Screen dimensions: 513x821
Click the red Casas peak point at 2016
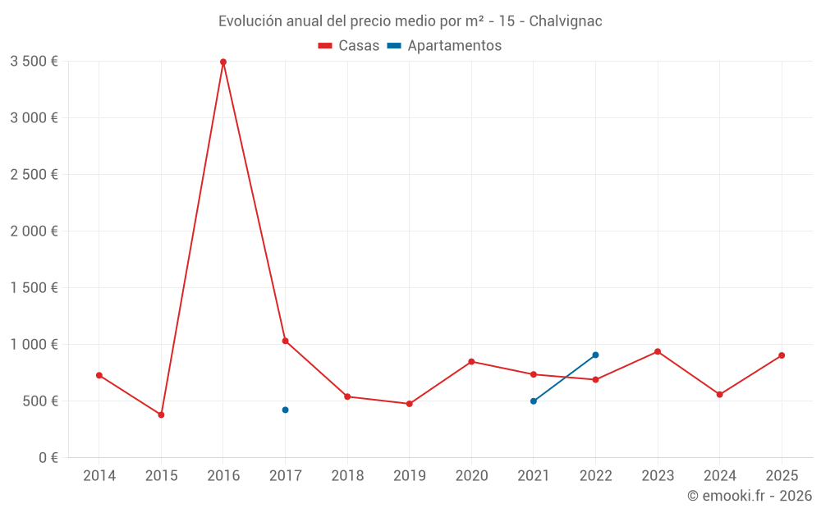point(223,62)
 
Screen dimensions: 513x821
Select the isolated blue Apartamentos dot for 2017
point(285,410)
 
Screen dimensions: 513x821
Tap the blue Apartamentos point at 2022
point(595,355)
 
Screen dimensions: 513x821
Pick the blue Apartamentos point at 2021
point(534,401)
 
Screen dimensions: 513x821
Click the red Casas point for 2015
point(161,415)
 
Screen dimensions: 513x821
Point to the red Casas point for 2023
point(658,351)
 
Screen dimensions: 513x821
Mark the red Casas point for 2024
point(719,395)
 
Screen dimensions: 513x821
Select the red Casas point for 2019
point(409,404)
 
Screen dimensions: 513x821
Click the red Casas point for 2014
point(99,375)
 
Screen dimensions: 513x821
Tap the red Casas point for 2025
point(782,355)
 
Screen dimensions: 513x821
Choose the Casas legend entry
point(349,46)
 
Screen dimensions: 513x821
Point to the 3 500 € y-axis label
point(34,61)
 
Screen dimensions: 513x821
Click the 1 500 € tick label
point(34,287)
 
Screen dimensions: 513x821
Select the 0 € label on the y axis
point(48,457)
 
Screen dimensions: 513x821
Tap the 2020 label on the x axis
point(471,476)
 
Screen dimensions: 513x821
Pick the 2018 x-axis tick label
point(347,476)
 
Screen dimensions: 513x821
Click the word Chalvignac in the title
point(566,21)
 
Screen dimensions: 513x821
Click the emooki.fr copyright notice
point(750,496)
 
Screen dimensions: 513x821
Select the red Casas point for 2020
point(471,361)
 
